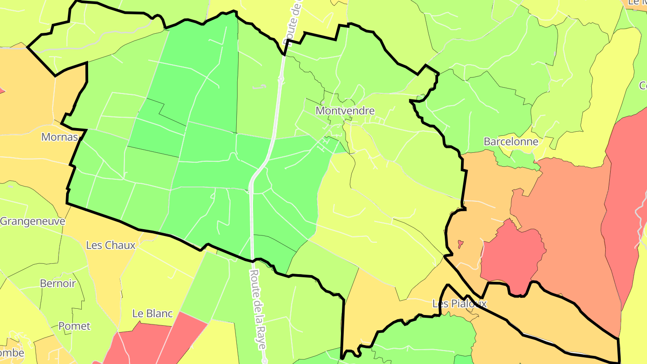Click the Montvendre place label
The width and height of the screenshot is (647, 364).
[345, 111]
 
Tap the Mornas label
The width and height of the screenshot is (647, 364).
[60, 137]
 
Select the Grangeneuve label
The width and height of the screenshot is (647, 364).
[32, 221]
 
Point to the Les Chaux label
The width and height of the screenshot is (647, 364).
[111, 245]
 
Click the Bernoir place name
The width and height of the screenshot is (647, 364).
[58, 284]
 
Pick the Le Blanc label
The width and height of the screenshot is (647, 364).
[152, 313]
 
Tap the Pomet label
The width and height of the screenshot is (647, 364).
[74, 326]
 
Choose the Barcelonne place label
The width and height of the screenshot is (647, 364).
[511, 142]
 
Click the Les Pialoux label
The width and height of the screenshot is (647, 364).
[459, 304]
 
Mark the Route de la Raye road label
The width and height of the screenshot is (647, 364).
[258, 310]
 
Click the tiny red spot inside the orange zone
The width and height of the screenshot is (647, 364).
[460, 244]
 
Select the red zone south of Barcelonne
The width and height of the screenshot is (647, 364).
[512, 256]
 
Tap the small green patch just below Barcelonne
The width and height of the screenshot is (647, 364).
[521, 158]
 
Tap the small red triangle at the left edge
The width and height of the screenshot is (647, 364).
[1, 90]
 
